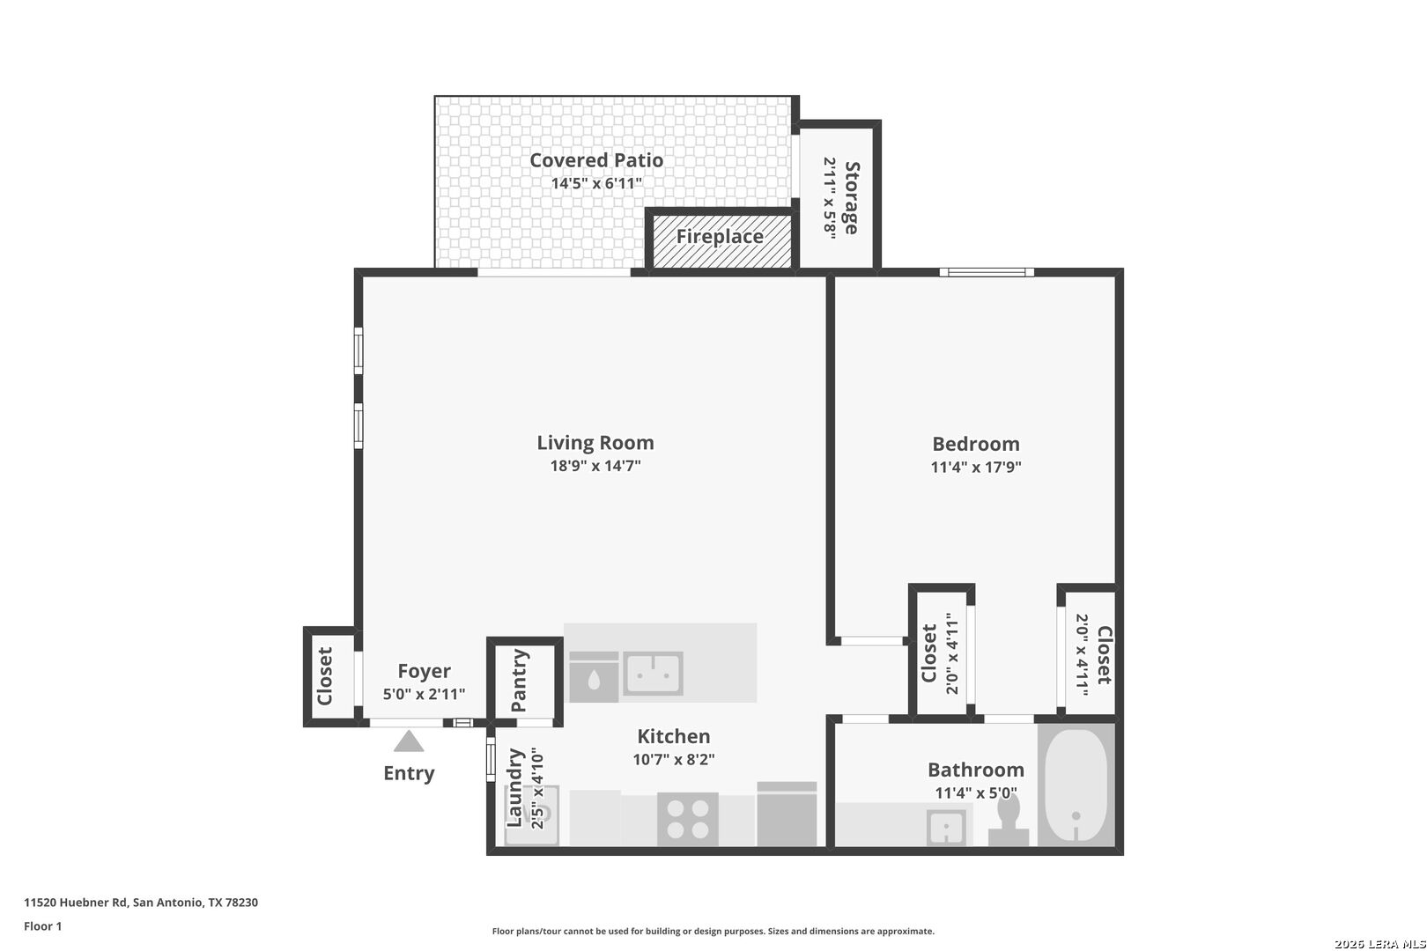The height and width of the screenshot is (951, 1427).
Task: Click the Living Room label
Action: pos(595,443)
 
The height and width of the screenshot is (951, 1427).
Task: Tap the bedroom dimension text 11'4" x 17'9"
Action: pos(975,468)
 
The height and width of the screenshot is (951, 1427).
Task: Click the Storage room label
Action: pos(852,197)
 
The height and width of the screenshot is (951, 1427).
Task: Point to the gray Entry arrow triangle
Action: pos(409,742)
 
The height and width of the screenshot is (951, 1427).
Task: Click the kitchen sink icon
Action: pos(653,674)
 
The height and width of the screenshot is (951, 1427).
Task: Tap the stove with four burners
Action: pos(687,819)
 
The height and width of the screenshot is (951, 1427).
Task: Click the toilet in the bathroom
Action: pos(1009,821)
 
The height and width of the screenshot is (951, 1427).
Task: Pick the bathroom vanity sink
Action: pos(946,828)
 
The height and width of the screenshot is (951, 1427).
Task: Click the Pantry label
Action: pos(520,681)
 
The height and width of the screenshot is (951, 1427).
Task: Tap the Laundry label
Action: pos(515,787)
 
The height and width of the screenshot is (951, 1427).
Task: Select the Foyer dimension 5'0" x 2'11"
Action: pos(424,694)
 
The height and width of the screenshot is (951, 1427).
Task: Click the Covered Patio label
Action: pos(595,160)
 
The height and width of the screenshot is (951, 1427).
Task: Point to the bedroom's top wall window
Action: pos(986,272)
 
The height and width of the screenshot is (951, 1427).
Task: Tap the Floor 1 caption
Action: pos(43,926)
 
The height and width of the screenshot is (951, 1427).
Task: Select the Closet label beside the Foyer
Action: pos(325,676)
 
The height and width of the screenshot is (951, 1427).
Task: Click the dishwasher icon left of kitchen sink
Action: pos(594,676)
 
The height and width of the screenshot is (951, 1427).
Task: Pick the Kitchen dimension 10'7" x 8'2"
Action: pos(673,760)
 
